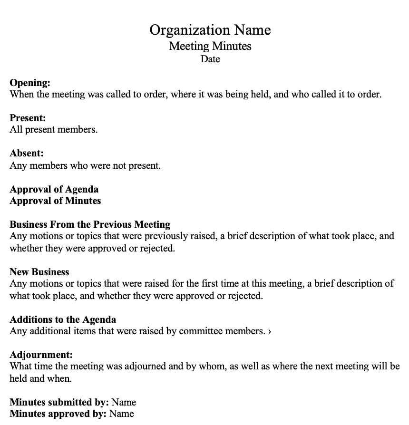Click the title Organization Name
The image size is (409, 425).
tap(210, 30)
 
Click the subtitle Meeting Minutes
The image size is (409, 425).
tap(210, 46)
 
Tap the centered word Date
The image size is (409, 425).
tap(210, 59)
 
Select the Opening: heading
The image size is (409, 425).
tap(30, 83)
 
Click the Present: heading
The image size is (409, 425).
tap(28, 118)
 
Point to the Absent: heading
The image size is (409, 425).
tap(27, 154)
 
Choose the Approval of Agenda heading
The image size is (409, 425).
tap(54, 189)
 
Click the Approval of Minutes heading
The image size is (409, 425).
tap(55, 201)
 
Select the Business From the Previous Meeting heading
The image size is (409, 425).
tap(90, 224)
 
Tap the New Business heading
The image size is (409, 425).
tap(39, 272)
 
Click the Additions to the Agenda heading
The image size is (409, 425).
tap(63, 319)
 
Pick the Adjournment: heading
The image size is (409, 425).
tap(41, 355)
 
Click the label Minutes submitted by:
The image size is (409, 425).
tap(59, 402)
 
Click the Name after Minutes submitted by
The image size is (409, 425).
tap(124, 402)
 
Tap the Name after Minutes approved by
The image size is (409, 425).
tap(122, 414)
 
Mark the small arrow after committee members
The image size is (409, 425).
tap(270, 331)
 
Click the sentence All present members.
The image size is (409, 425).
tap(54, 129)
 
